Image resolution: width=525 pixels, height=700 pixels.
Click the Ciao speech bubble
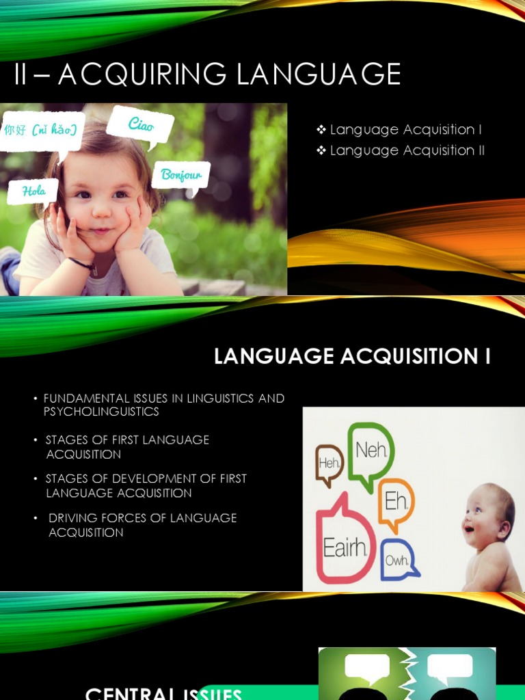[141, 126]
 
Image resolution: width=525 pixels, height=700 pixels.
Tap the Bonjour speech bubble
[181, 176]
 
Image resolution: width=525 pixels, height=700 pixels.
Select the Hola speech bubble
[33, 191]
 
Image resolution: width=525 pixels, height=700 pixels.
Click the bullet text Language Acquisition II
[407, 150]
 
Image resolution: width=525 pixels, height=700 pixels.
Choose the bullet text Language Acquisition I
[405, 130]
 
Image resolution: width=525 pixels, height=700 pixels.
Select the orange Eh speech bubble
[396, 502]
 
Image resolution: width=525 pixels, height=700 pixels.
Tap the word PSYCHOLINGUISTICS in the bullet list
[101, 412]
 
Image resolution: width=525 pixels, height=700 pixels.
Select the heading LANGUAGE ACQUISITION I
[352, 357]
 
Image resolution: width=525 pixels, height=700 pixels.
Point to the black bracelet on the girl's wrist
[81, 262]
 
